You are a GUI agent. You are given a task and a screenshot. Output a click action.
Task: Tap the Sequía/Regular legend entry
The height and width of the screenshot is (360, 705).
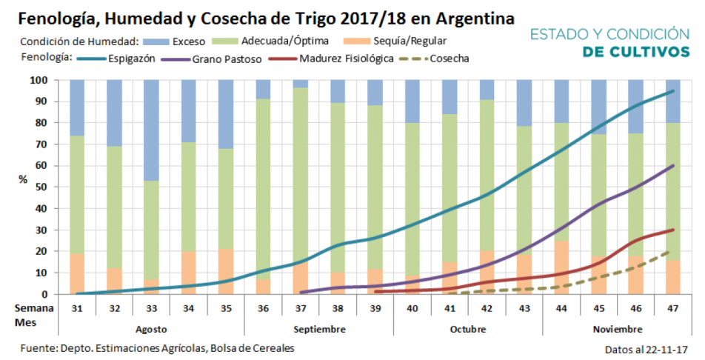point(410,41)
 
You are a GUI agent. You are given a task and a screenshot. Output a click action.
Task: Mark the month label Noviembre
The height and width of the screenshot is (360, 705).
point(618,328)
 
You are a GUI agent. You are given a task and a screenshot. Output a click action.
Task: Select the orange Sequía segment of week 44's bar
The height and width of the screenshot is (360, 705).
point(561,267)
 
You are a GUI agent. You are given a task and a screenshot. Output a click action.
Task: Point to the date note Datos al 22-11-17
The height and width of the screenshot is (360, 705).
point(646,348)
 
